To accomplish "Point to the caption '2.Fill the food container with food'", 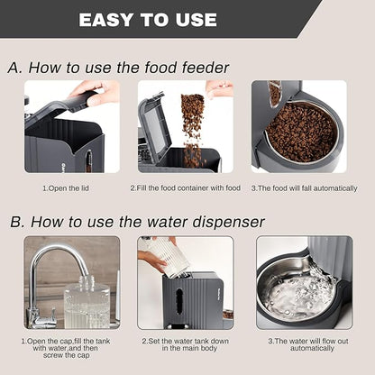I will tap(186, 187).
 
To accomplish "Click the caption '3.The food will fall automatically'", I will tap(300, 187).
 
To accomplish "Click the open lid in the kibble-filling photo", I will tap(155, 126).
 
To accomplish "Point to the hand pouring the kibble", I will tap(219, 87).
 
